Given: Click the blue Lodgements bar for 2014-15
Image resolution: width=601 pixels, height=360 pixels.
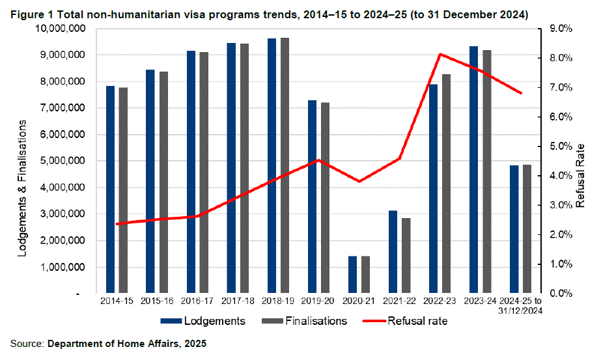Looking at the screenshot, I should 110,189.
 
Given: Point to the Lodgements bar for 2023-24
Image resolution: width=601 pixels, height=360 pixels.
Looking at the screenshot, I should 474,170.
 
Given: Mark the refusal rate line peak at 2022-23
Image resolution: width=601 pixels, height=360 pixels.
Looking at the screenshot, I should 441,54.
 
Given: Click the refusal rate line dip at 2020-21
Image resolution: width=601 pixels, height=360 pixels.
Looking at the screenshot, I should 359,181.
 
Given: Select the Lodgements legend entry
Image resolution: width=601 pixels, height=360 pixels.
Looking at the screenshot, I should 203,321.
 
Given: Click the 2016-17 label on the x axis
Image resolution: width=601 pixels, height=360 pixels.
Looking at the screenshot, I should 197,301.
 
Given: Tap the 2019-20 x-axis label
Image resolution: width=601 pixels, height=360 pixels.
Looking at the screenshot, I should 318,301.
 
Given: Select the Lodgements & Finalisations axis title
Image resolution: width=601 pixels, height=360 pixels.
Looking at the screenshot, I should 22,187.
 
